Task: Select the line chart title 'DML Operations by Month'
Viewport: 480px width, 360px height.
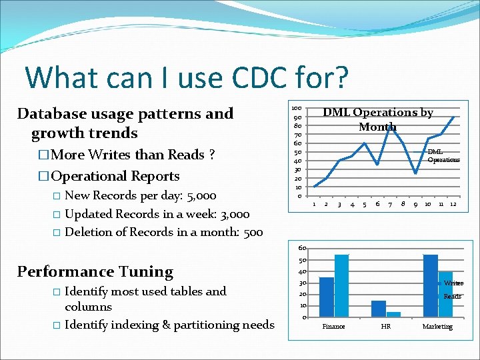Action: point(377,119)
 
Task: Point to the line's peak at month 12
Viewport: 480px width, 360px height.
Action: point(453,117)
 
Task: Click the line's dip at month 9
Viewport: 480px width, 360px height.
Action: point(415,173)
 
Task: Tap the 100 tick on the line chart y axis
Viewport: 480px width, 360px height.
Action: point(297,108)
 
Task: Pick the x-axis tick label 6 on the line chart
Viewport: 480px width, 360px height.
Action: point(377,204)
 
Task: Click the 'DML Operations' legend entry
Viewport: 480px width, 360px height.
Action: point(443,156)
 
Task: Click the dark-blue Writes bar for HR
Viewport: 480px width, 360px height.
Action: point(379,309)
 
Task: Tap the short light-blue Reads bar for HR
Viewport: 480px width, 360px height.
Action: point(393,314)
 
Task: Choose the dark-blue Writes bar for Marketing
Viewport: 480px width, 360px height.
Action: point(431,285)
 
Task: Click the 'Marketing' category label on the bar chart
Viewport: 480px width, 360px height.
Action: point(437,327)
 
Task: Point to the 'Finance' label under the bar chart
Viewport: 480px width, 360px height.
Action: point(333,327)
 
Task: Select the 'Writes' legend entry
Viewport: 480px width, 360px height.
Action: point(453,283)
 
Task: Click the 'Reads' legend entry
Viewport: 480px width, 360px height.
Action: point(452,296)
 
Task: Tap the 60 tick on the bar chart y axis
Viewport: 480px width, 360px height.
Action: point(301,247)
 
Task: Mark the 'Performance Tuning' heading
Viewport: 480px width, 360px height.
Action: point(95,271)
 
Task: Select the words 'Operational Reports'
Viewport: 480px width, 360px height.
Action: point(115,176)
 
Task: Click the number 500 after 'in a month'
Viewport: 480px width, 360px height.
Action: point(251,232)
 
